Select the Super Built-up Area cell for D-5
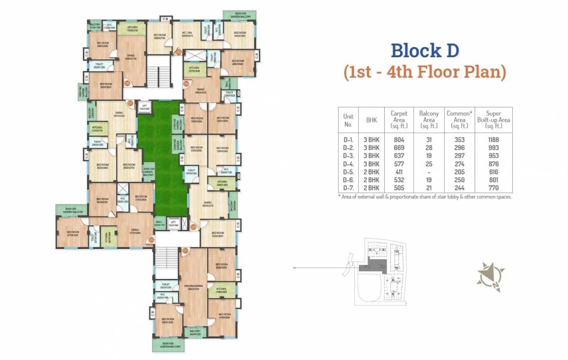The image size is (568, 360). point(493,172)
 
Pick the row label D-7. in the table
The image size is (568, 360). point(348,188)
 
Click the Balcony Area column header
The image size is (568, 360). point(428,120)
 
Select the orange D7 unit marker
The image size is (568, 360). point(130,103)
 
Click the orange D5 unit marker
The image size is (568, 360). point(179,52)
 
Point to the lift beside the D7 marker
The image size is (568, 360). point(144,107)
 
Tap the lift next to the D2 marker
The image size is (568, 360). point(173,224)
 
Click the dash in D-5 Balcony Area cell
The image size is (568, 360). point(428,172)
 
